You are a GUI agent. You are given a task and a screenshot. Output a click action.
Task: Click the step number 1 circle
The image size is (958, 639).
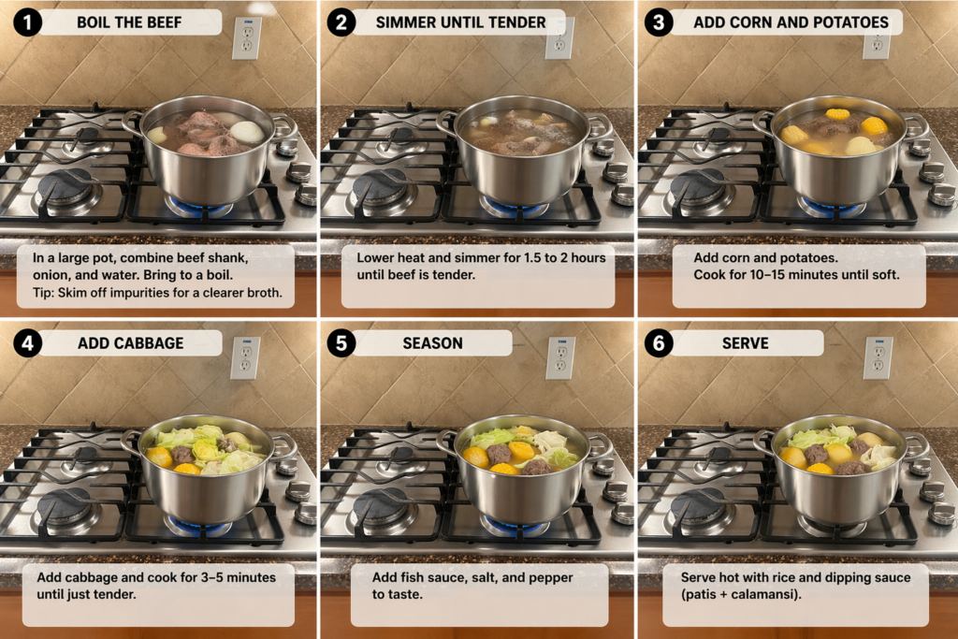[x=27, y=22]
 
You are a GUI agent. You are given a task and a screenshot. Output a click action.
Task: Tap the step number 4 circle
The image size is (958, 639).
[x=27, y=343]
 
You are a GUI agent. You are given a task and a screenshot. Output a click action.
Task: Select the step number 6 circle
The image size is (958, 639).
[x=659, y=343]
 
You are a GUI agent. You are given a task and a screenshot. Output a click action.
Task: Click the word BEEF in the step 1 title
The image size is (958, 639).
[x=165, y=22]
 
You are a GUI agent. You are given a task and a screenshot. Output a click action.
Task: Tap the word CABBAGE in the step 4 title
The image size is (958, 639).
[x=153, y=343]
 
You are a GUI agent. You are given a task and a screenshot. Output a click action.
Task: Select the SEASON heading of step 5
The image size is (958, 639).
[x=432, y=343]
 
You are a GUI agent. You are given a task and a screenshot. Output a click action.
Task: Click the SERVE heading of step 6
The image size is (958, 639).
[x=746, y=343]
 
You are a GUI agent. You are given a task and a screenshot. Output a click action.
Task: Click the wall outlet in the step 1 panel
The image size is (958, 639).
[x=247, y=37]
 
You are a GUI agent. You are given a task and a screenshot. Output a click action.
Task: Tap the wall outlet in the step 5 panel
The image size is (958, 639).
[x=560, y=358]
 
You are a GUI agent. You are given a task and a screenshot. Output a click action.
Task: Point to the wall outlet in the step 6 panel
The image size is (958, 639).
[x=878, y=358]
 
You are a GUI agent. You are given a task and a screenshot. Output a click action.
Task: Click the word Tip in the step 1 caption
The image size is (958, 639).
[x=43, y=293]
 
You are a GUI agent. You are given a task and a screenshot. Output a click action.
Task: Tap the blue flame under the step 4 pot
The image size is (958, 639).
[x=197, y=527]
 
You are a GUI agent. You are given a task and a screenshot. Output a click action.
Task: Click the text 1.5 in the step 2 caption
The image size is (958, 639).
[x=532, y=258]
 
